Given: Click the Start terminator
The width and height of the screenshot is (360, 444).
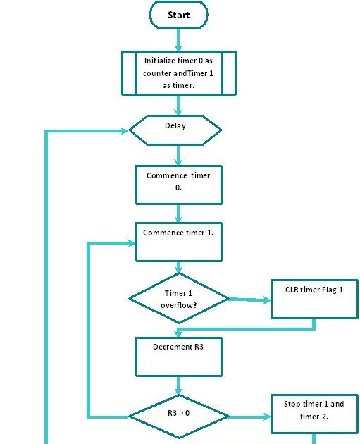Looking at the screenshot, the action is (178, 15).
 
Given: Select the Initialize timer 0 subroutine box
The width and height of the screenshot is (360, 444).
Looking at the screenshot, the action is (178, 73).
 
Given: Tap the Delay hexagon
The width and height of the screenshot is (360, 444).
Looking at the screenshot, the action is (175, 130).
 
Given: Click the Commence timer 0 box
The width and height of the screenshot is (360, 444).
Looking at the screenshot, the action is (178, 185).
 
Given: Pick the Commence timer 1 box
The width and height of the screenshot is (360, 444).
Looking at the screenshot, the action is (178, 242).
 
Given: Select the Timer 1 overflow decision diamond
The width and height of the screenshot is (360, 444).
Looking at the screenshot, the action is (178, 298).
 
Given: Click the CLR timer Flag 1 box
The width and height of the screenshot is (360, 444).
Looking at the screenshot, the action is (314, 299).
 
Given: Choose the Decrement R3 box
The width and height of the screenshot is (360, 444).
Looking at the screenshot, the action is (178, 357).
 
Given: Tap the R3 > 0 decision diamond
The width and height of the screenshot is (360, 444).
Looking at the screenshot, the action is (178, 417).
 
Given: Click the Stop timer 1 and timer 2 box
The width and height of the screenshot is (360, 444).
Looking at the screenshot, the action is (314, 414).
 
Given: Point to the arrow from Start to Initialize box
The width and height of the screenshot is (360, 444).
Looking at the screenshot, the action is (178, 39).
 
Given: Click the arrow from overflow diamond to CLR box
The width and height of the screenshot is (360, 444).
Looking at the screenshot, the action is (249, 300).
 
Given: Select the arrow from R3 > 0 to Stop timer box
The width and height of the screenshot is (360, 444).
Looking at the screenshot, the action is (249, 417).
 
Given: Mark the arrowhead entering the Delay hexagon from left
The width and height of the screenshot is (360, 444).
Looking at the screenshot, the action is (125, 131).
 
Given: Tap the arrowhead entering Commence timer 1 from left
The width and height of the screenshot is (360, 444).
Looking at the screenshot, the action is (131, 243).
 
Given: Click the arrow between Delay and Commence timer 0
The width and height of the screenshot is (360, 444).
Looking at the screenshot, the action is (178, 156).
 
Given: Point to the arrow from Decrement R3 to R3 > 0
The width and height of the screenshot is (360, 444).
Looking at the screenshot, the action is (178, 386).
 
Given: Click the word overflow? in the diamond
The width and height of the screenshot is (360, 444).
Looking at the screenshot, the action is (178, 305).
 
